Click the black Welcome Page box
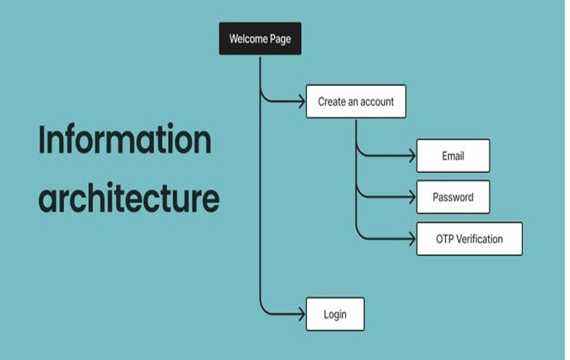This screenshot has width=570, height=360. (260, 39)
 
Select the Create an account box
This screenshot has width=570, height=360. (356, 102)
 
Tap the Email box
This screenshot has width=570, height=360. (453, 156)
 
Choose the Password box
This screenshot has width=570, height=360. (453, 197)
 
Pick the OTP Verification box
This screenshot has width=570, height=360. (469, 239)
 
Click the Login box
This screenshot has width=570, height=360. (335, 314)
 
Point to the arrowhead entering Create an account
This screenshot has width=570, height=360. (301, 102)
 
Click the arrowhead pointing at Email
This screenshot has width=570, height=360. (412, 156)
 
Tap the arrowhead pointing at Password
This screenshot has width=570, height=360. (412, 197)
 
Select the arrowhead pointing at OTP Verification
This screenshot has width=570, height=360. (412, 239)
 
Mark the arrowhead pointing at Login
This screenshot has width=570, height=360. (301, 314)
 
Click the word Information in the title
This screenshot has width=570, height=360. (124, 140)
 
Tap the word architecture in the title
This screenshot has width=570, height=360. (128, 197)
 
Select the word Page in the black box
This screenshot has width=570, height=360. (280, 39)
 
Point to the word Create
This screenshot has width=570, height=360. (331, 102)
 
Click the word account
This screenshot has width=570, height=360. (377, 102)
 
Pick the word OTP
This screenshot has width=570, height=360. (445, 239)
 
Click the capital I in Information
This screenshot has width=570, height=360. (43, 140)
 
